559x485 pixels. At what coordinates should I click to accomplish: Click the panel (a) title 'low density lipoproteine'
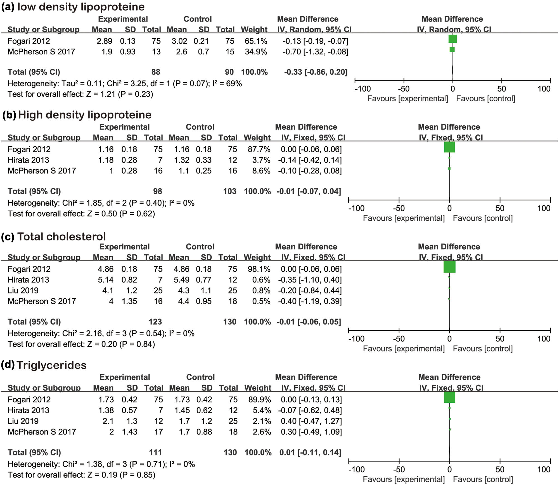tap(81, 7)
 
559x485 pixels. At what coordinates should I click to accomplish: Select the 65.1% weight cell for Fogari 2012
tap(256, 41)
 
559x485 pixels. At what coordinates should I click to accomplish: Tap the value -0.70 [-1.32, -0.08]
tap(315, 52)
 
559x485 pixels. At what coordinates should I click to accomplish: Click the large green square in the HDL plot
tap(449, 147)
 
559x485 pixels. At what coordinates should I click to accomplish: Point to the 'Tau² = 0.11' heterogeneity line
tap(124, 83)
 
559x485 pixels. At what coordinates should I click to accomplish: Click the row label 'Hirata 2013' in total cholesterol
tap(28, 280)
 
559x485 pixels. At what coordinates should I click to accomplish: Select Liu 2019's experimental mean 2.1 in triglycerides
tap(108, 421)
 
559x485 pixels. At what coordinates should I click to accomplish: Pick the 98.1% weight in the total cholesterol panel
tap(259, 269)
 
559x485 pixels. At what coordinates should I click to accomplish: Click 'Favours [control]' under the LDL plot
tap(485, 99)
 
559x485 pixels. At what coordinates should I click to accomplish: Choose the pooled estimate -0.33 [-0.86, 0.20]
tap(316, 72)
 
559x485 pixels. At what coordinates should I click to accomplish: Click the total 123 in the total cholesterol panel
tap(155, 322)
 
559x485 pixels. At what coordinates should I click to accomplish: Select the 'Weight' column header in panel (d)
tap(257, 388)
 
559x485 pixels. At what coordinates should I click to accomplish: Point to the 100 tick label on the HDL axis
tap(544, 208)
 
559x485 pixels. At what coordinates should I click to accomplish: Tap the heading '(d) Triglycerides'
tap(44, 365)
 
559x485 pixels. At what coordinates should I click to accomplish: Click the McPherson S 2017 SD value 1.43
tap(129, 432)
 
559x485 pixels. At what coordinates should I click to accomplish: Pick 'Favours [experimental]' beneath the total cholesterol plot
tap(404, 348)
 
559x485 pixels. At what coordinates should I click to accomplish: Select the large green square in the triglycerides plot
tap(449, 397)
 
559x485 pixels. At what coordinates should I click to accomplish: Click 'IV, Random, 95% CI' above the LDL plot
tap(454, 30)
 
